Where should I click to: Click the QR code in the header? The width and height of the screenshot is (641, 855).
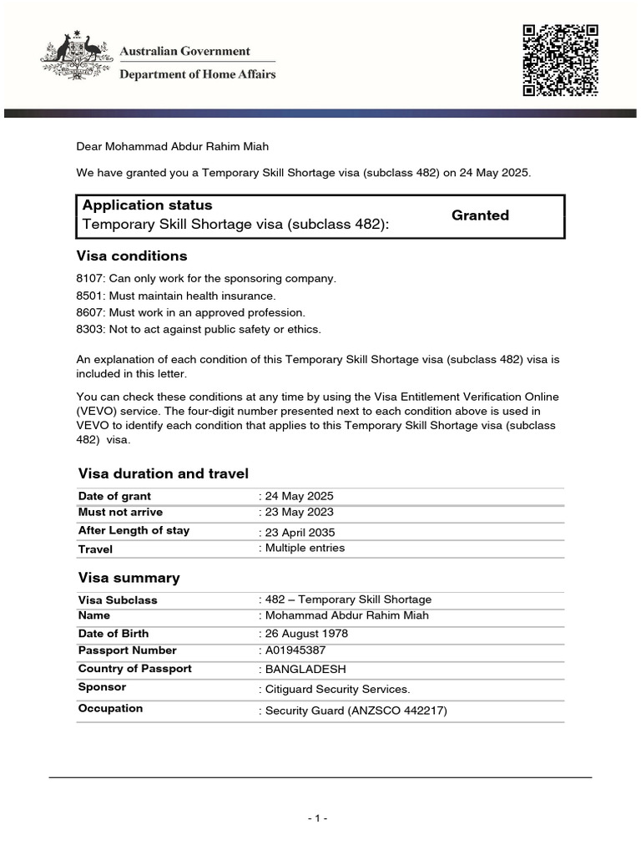click(560, 60)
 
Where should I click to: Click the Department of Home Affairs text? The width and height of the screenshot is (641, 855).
click(198, 74)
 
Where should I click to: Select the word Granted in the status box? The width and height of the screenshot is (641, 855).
click(480, 215)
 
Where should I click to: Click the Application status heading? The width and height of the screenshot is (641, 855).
click(148, 205)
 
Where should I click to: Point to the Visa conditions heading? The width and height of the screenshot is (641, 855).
click(132, 255)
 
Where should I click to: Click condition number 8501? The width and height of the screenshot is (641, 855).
click(89, 296)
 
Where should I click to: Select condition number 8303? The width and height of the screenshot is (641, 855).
click(89, 329)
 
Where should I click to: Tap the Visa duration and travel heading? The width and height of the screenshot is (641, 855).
click(164, 473)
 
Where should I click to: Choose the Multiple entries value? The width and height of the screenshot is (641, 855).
click(305, 549)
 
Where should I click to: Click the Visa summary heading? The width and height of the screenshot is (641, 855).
click(129, 578)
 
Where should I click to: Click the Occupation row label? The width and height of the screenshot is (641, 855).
click(110, 708)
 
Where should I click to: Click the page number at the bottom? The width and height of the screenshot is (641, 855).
click(317, 819)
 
